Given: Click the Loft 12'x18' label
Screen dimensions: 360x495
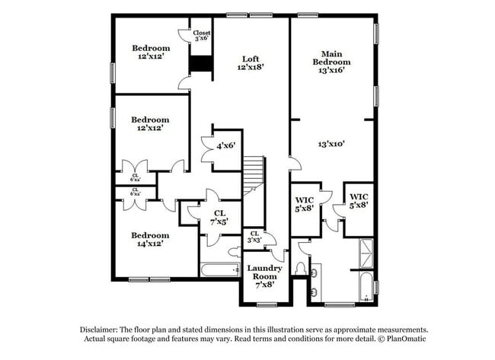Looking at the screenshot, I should point(250,63).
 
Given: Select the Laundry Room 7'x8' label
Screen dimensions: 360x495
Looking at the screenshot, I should point(264,272).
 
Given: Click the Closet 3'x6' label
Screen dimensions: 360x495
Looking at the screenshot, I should point(202,36).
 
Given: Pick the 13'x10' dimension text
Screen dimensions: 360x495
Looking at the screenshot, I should point(333,143).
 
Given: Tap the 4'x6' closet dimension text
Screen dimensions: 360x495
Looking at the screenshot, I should point(225,145).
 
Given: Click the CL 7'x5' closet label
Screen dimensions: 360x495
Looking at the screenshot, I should point(220,217).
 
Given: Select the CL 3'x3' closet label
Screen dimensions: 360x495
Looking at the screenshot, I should point(254,237).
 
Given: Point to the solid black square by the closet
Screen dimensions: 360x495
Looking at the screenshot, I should point(200,65).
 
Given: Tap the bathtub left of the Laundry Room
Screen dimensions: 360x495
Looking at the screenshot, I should point(220,269).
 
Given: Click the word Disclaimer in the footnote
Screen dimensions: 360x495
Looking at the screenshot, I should point(101,329).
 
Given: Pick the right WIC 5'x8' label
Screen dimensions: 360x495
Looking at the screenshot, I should point(359,199).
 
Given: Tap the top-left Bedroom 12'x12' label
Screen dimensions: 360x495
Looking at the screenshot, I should point(150,51).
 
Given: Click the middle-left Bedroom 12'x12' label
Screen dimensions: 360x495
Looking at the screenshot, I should point(150,124).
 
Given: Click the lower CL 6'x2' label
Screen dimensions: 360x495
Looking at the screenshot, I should point(135,192).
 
